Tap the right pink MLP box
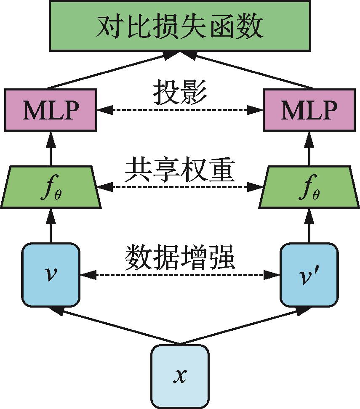[309, 110]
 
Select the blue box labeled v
[51, 275]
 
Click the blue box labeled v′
[309, 275]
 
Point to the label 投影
[180, 92]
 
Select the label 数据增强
[180, 257]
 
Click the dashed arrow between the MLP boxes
[180, 110]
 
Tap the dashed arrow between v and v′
[180, 276]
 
